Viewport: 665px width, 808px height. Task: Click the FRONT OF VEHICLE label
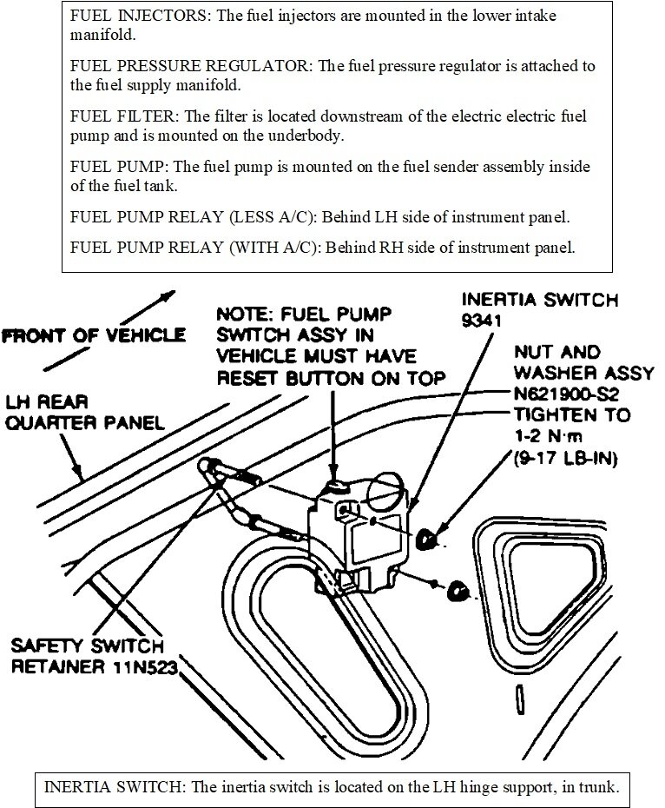[x=93, y=334]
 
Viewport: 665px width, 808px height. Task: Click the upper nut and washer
[x=427, y=540]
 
